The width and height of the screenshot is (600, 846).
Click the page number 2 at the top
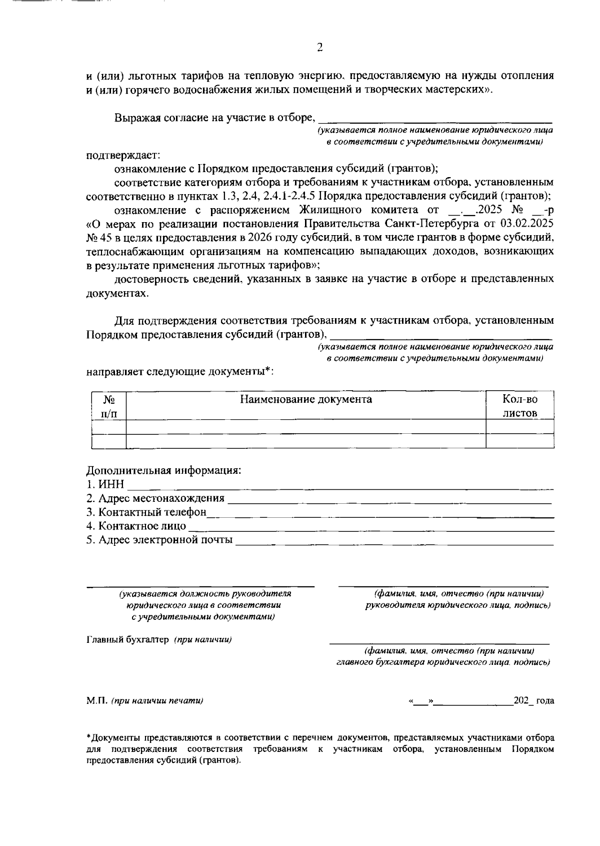point(320,48)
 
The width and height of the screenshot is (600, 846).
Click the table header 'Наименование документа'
point(305,399)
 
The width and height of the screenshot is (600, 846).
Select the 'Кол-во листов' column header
point(519,406)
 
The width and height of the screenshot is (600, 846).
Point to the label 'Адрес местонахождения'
point(155,498)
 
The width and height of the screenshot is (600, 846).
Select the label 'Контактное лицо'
point(136,526)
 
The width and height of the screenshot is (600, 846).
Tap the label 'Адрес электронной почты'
point(159,540)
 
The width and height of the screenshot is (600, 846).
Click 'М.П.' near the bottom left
point(94,701)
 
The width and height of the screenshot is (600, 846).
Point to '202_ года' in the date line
point(533,701)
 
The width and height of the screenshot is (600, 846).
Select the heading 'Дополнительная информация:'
point(163,471)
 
